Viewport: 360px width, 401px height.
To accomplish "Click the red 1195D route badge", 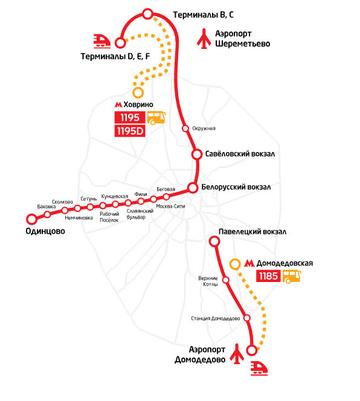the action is click(x=130, y=131).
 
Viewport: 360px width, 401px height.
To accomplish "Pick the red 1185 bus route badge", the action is click(x=268, y=276).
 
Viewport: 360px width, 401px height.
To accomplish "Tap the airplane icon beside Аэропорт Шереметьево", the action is click(x=204, y=39).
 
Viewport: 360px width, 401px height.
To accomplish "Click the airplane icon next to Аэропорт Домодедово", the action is click(x=237, y=354).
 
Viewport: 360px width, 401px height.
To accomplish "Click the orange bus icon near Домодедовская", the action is click(x=292, y=277).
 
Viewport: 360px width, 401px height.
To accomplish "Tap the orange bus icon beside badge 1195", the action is click(x=156, y=118).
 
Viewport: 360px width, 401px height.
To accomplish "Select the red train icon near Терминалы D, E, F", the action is click(x=102, y=41).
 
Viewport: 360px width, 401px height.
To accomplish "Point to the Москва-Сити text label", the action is click(x=170, y=206).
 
